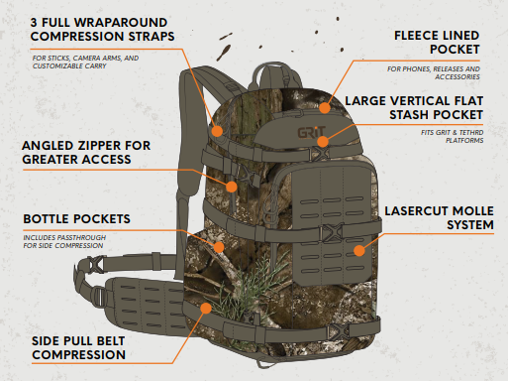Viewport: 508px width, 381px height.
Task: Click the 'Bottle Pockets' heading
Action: (x=76, y=218)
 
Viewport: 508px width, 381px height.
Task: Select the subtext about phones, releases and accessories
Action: (x=443, y=72)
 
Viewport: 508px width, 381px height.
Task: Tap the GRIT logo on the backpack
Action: (x=301, y=130)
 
